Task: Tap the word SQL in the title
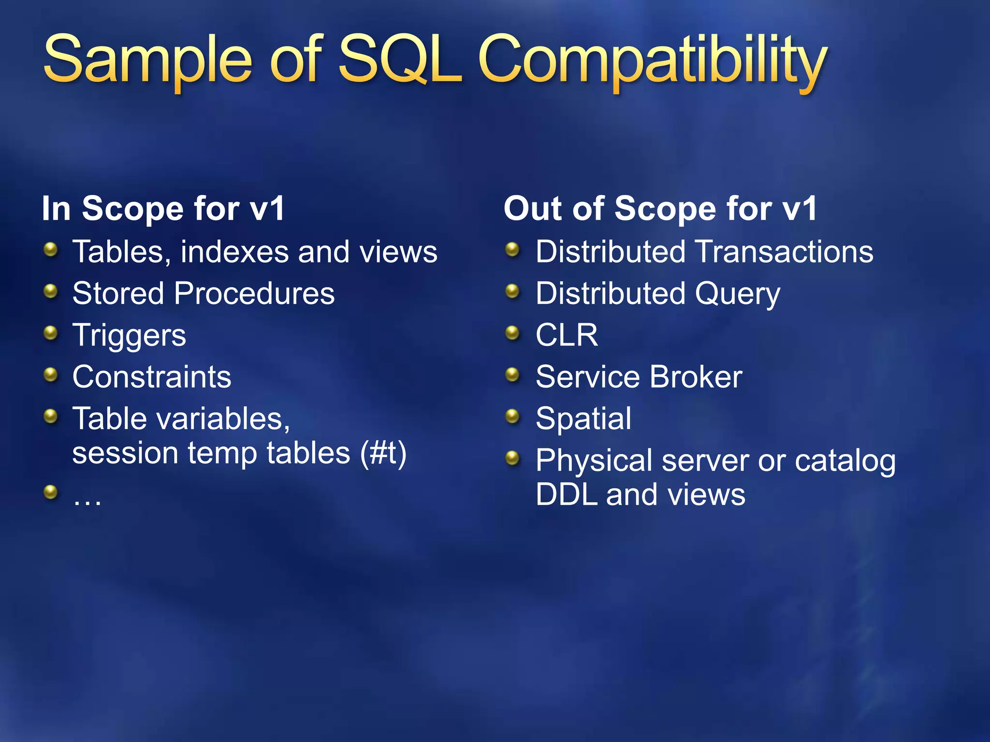399,60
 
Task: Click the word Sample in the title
147,60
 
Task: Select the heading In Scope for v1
163,209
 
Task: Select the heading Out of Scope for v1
660,209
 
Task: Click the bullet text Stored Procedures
204,293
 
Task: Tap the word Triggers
129,335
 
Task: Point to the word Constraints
152,377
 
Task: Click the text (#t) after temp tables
383,453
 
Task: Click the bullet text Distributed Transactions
704,252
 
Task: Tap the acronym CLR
567,335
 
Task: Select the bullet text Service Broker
639,377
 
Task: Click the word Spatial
583,418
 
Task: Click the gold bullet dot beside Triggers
50,332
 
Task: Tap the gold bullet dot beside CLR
512,332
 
